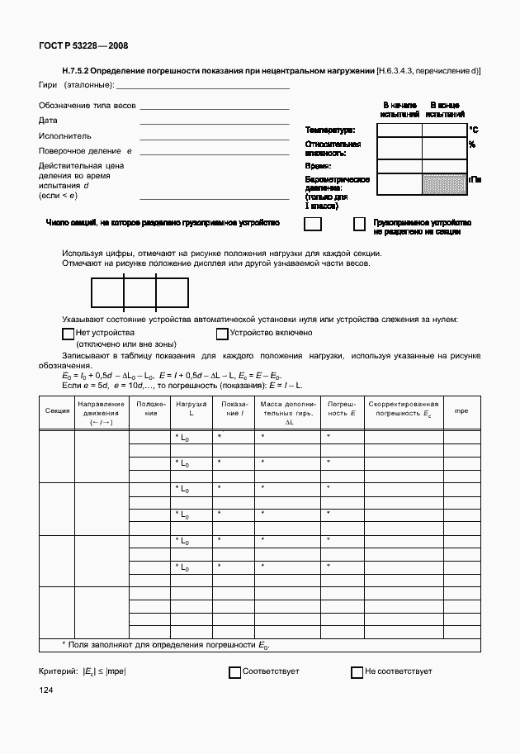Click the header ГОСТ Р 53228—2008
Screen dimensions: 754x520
pos(83,46)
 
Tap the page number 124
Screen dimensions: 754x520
pos(45,689)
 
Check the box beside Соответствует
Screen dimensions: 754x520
pos(234,672)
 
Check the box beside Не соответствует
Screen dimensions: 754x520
pos(357,672)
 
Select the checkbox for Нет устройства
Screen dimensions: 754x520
pos(69,334)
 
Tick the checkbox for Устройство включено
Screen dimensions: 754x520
pos(221,334)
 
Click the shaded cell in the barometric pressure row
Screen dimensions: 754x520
pos(444,184)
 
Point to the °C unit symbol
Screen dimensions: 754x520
pos(474,130)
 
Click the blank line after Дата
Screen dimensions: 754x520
pos(214,123)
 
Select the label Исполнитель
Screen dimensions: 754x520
pos(64,135)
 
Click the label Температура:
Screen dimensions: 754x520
pos(329,130)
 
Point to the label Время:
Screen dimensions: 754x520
pos(318,166)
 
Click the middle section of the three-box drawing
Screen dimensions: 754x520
pos(139,292)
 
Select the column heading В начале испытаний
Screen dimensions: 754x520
pos(399,110)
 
